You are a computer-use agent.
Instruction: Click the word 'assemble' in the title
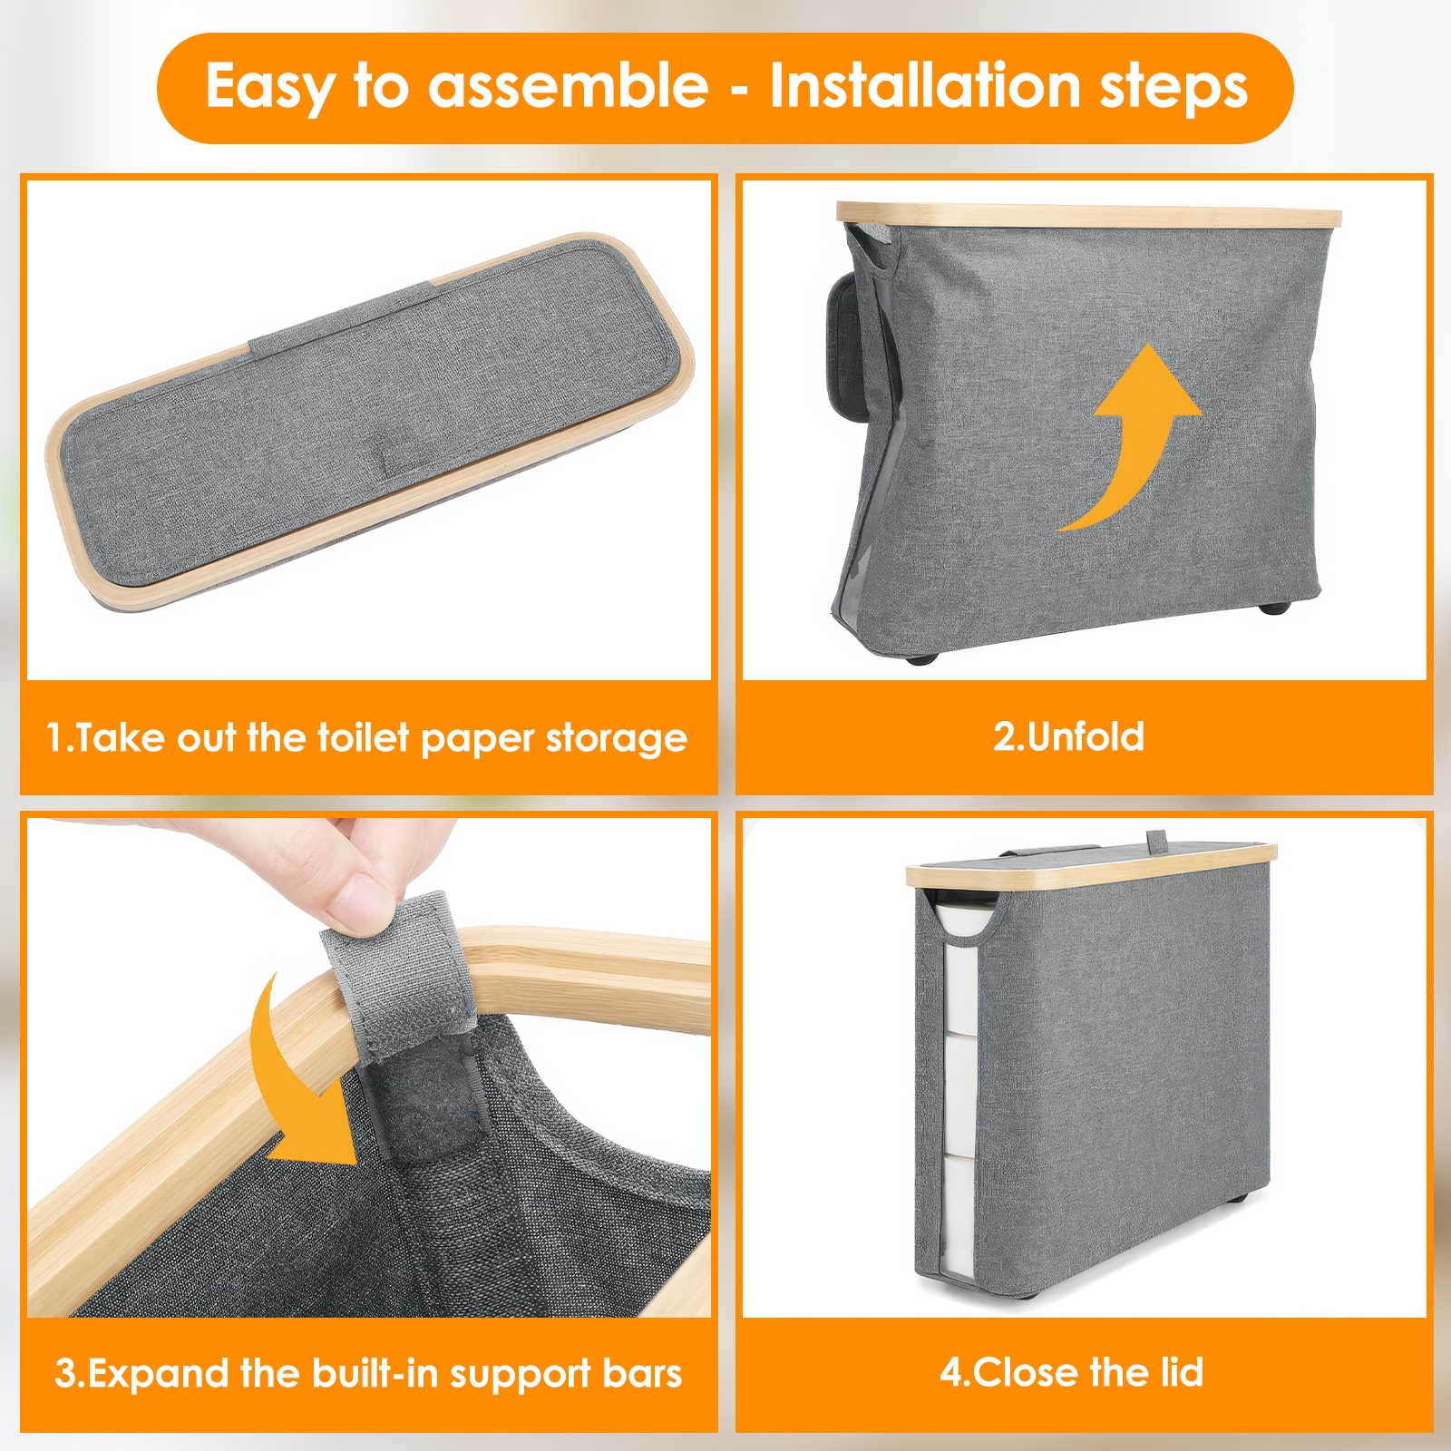[568, 86]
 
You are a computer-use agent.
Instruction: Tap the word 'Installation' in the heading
[925, 85]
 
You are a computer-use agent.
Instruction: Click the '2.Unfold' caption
[1068, 736]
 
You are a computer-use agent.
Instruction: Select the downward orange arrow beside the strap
[299, 1079]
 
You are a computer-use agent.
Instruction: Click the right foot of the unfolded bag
[1276, 608]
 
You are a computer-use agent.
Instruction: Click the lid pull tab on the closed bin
[1158, 842]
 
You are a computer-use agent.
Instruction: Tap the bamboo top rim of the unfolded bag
[1088, 216]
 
